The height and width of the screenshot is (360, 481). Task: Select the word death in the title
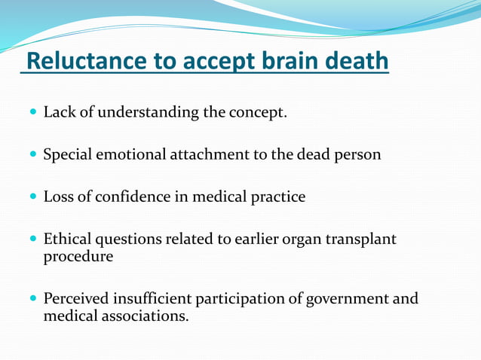357,61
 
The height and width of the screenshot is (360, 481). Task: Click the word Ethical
66,239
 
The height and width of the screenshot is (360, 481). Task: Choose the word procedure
78,257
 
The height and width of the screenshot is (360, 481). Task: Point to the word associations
145,316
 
